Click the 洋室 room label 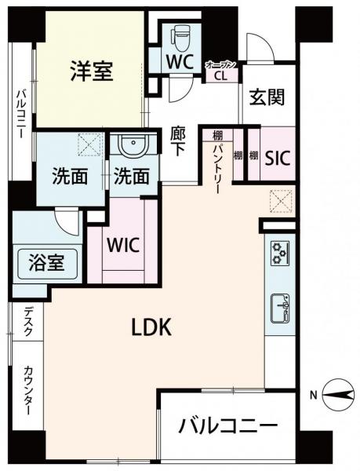tap(92, 71)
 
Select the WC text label tap(180, 61)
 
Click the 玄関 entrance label tap(267, 97)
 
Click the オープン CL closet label tap(221, 71)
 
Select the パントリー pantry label tap(217, 169)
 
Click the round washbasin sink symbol tap(133, 144)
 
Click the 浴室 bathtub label tap(46, 262)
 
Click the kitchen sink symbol tap(280, 309)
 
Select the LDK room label tap(152, 327)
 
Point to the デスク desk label tap(28, 321)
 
